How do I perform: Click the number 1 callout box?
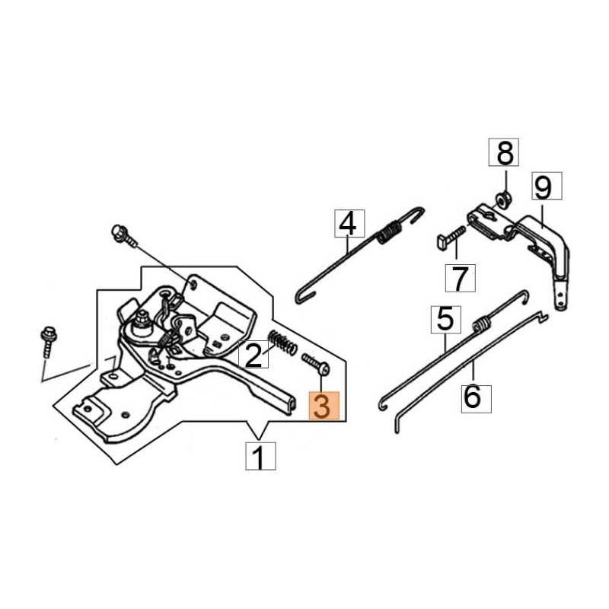pos(259,458)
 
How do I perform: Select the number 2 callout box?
pos(253,355)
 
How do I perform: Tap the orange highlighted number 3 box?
pos(321,406)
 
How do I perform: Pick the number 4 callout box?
pos(346,225)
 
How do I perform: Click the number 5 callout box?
pos(445,319)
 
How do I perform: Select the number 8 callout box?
pos(505,155)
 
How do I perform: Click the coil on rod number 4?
pos(391,230)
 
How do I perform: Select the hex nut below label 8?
pos(502,201)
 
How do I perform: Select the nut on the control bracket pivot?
pos(142,324)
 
